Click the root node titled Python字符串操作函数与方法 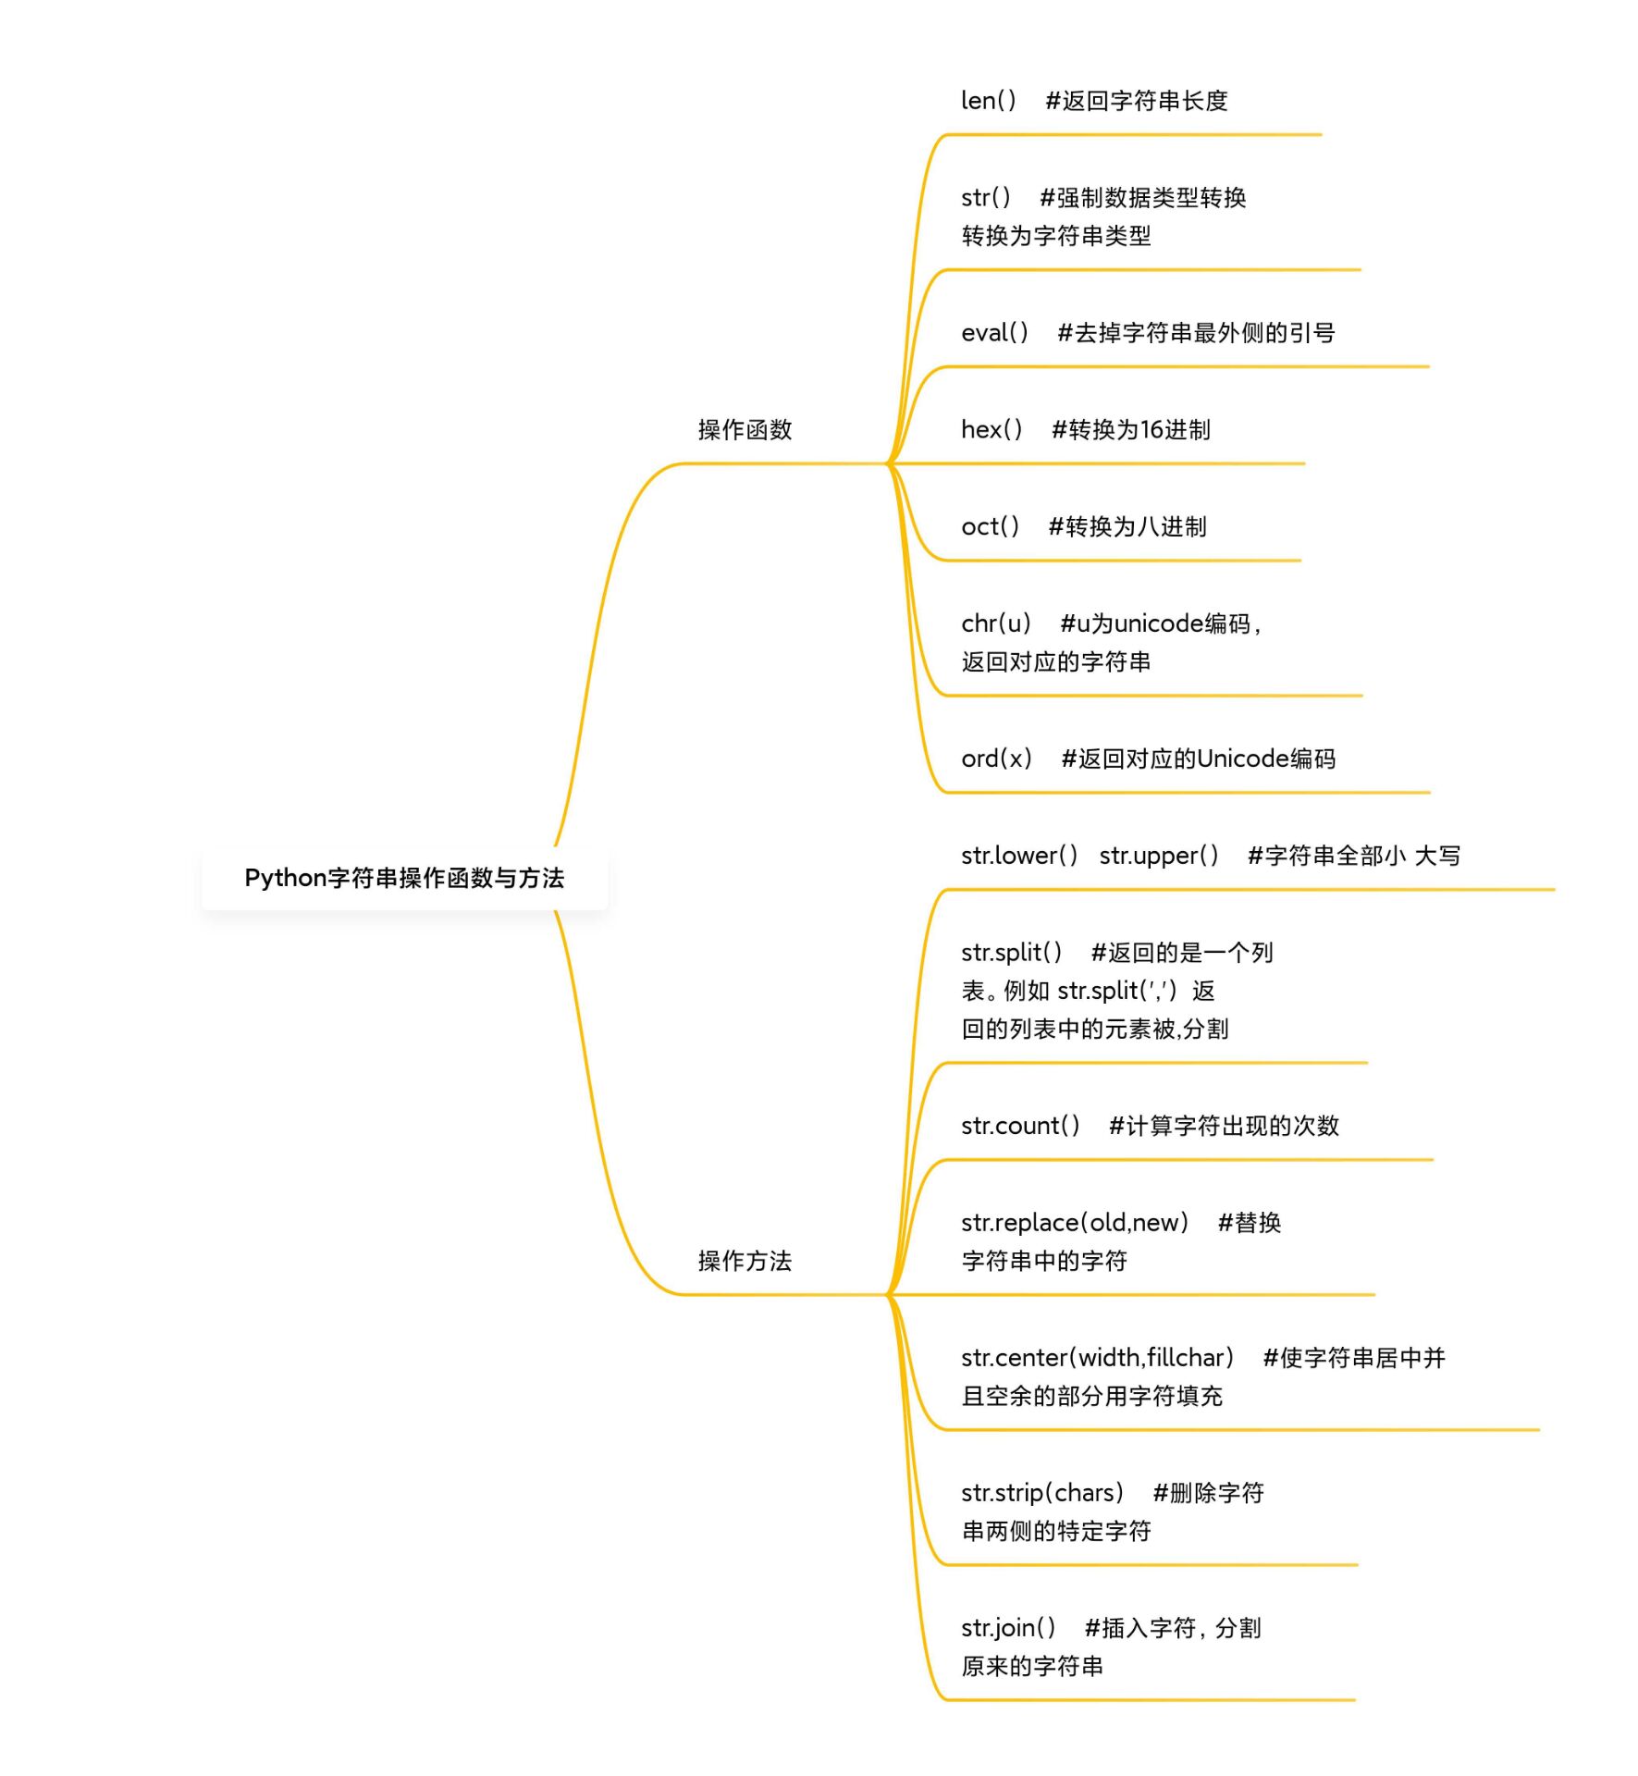404,878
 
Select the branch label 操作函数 745,429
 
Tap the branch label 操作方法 745,1261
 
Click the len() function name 988,100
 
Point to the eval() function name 994,332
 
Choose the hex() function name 991,429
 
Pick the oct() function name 990,526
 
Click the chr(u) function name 995,623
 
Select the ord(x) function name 996,758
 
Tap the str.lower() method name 1019,856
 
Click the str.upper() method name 1159,856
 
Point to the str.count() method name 1020,1126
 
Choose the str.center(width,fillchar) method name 1097,1358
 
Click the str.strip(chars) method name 1041,1493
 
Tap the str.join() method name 1008,1628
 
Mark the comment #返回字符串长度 1137,100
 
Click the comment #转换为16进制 1131,429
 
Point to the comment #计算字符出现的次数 1224,1126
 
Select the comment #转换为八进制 1127,526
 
